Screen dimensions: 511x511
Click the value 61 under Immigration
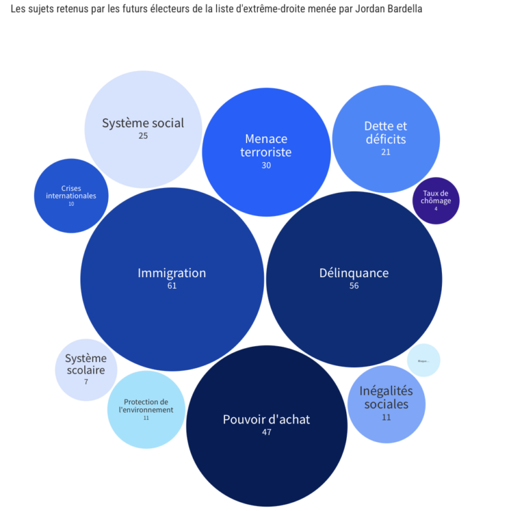172,286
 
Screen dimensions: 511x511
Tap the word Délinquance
354,273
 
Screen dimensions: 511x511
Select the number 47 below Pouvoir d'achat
266,432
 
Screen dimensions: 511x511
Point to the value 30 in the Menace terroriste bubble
266,165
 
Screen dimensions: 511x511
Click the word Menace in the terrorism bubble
266,139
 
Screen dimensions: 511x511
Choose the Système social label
143,123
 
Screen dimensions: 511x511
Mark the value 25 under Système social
143,136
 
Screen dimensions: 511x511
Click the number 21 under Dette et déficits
386,152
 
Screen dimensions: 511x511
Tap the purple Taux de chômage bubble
436,201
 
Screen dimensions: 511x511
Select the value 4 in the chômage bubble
436,209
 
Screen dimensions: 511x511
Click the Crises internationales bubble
71,195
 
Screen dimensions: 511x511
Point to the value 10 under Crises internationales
71,204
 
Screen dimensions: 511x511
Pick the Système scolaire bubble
86,369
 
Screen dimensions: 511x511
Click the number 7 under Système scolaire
86,382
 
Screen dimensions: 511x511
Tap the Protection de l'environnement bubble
146,409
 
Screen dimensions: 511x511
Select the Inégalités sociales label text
386,397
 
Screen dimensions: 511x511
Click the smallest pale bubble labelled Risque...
423,360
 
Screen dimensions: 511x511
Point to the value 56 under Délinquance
354,286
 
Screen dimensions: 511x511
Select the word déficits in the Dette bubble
386,139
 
